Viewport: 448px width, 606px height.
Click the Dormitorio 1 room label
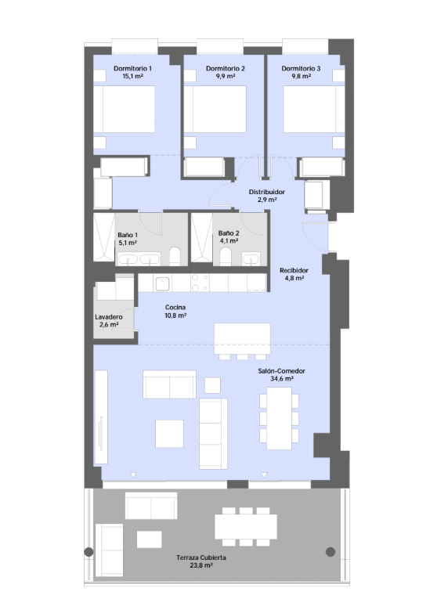132,68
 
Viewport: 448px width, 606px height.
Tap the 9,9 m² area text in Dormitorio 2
226,76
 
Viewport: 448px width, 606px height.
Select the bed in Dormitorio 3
314,110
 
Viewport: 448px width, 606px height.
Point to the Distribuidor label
267,192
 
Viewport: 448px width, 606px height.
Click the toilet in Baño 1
175,256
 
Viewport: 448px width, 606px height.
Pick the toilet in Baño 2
226,256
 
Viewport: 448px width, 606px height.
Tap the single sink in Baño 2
251,258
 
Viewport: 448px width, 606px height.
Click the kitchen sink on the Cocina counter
162,284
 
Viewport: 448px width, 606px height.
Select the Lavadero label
109,317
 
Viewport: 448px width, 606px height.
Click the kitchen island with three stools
242,341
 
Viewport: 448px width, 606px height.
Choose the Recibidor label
294,270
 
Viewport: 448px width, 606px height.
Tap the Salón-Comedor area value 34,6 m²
281,379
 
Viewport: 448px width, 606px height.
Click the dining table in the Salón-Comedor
279,418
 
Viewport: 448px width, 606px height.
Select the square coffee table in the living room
169,433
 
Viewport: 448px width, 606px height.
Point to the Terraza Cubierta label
201,557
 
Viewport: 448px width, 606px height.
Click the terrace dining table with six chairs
246,526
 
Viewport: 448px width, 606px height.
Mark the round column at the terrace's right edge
330,552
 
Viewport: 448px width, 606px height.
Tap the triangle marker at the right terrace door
264,474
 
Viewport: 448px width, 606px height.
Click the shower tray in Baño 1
104,237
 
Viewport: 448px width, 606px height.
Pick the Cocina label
175,307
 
